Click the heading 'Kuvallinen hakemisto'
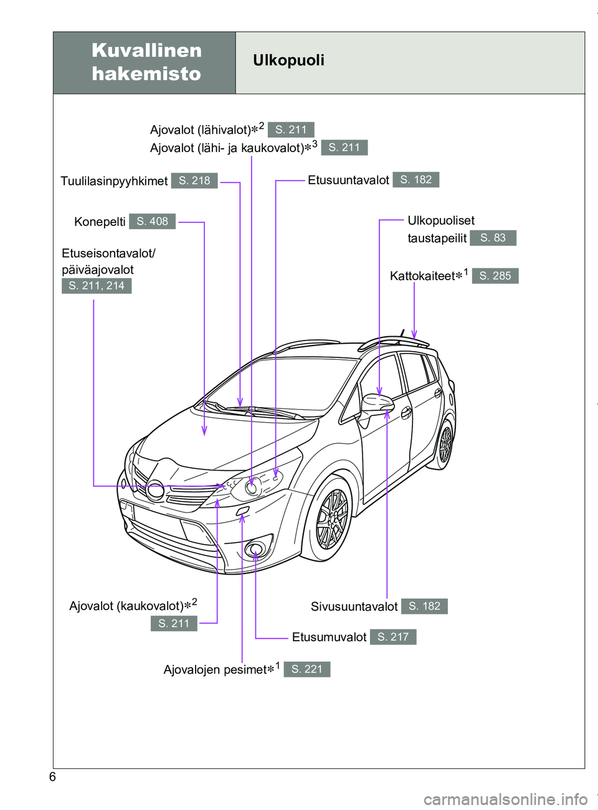(x=146, y=62)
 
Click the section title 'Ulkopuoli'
(x=288, y=60)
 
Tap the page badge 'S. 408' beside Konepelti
(x=152, y=222)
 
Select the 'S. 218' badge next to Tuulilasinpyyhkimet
(x=194, y=181)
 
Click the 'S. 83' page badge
(x=493, y=238)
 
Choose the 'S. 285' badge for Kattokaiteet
(x=495, y=276)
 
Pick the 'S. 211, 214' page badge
(x=97, y=286)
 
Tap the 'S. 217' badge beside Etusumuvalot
(x=393, y=637)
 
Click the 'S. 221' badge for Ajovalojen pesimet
(x=307, y=669)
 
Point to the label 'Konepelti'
(x=100, y=222)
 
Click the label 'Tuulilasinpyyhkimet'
(x=114, y=181)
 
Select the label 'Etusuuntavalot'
(x=348, y=181)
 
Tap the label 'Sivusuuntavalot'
(x=354, y=606)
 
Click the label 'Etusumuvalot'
(x=329, y=638)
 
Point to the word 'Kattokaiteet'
(x=422, y=276)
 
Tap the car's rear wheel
(x=445, y=445)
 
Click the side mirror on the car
(x=377, y=405)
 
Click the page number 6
(x=52, y=777)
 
